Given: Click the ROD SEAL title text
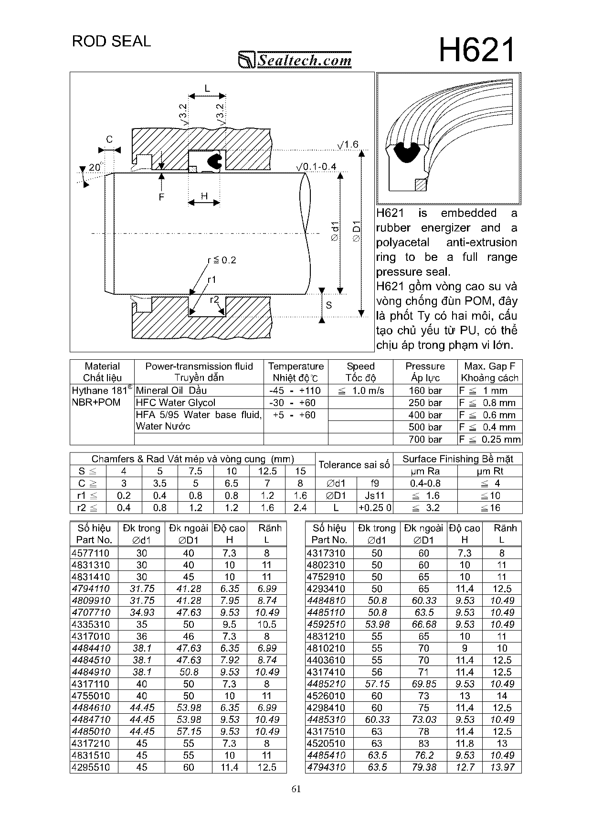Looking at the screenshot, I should pyautogui.click(x=111, y=42).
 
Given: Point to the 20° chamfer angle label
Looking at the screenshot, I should pyautogui.click(x=95, y=167).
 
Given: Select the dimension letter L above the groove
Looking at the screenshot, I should pyautogui.click(x=207, y=88).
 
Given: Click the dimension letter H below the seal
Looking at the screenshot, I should pyautogui.click(x=204, y=196).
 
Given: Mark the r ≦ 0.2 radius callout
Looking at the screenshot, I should pyautogui.click(x=222, y=260).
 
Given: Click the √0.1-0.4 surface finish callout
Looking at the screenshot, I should pyautogui.click(x=316, y=167).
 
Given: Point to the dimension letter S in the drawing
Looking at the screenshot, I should pyautogui.click(x=328, y=305).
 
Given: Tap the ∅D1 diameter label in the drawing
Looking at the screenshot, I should pyautogui.click(x=356, y=231).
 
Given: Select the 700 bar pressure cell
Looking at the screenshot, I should pyautogui.click(x=425, y=439).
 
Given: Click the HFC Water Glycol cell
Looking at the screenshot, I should pyautogui.click(x=176, y=403).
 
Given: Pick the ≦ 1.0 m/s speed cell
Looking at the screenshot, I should pyautogui.click(x=360, y=391).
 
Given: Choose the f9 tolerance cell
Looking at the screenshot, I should pyautogui.click(x=375, y=483).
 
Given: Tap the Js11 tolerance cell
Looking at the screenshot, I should pyautogui.click(x=375, y=495).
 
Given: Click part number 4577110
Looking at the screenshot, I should pyautogui.click(x=90, y=553).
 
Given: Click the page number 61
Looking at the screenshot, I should pyautogui.click(x=296, y=789).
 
